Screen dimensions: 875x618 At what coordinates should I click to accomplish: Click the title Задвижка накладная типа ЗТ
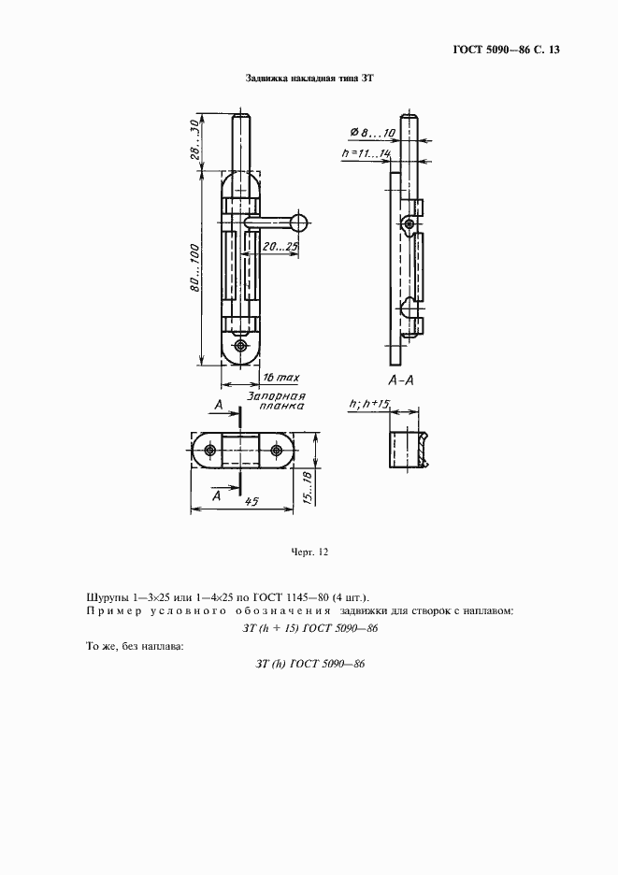coord(309,80)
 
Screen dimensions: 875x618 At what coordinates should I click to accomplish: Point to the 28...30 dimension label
coord(194,138)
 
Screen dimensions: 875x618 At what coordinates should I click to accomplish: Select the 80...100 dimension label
coord(193,272)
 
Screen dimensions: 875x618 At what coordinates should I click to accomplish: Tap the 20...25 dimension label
coord(280,247)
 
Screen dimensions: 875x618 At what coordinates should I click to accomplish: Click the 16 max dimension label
coord(279,377)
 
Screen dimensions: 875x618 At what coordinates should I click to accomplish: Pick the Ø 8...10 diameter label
coord(367,134)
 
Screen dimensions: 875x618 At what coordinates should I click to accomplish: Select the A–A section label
coord(403,381)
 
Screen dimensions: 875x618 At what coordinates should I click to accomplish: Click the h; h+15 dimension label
coord(369,404)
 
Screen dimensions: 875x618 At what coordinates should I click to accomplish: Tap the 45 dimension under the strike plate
coord(251,502)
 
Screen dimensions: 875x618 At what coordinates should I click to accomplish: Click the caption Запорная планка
coord(278,401)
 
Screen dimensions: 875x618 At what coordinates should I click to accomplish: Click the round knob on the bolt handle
coord(299,222)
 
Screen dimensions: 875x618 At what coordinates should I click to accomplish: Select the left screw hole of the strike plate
coord(208,452)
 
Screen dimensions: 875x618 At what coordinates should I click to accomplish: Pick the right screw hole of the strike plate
coord(278,452)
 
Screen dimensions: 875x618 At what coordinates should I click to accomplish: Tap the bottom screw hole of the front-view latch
coord(241,346)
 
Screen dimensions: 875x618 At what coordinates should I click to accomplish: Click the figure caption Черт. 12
coord(310,552)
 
